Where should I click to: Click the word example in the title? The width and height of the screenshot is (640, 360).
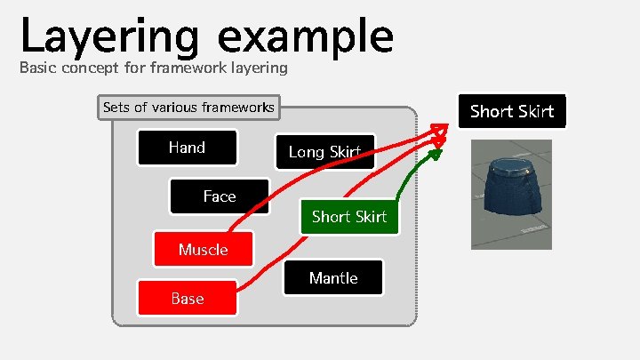tap(305, 37)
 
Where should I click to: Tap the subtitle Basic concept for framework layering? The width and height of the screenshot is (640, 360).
tap(153, 68)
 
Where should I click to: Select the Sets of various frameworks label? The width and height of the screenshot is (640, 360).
tap(188, 108)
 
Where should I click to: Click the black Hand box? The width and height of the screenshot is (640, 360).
tap(187, 148)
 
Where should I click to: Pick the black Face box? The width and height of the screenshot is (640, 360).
tap(219, 196)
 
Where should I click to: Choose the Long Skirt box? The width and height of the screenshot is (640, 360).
tap(324, 152)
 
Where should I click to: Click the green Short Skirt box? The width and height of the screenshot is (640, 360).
tap(349, 216)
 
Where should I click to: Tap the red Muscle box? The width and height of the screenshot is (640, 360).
tap(203, 250)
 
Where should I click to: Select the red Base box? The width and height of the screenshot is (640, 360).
tap(187, 298)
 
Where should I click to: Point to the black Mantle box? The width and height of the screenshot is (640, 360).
tap(333, 278)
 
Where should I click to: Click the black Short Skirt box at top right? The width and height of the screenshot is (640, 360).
tap(511, 111)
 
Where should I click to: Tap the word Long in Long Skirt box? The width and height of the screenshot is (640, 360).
tap(305, 152)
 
